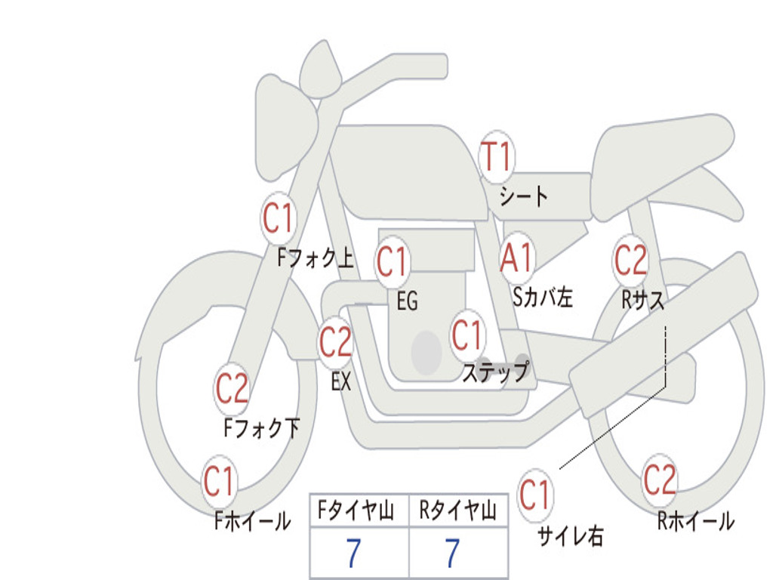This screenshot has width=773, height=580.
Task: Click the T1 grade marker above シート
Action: (497, 156)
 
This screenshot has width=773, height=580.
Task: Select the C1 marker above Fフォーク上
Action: (278, 218)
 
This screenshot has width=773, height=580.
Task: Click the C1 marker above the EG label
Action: (393, 261)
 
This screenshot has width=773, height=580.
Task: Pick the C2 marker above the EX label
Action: (335, 342)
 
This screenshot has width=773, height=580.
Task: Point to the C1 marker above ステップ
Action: (467, 335)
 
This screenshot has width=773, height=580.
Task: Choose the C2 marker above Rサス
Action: (630, 260)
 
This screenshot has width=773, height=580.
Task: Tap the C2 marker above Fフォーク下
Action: (232, 389)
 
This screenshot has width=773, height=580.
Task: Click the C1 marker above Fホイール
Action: (219, 481)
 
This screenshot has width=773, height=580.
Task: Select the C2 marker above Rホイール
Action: (660, 480)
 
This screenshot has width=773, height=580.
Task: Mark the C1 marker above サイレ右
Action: (535, 495)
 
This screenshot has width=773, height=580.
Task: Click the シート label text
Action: (524, 196)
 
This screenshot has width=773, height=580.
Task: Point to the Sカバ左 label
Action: (542, 297)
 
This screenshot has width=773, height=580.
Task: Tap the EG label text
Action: (407, 301)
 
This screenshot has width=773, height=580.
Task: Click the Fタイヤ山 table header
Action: (356, 511)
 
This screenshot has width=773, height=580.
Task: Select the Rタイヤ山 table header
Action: (458, 511)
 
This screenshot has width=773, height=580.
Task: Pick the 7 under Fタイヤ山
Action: (353, 553)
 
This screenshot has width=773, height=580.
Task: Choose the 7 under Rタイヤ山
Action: (453, 553)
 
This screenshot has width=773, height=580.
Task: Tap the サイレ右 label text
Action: (571, 536)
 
